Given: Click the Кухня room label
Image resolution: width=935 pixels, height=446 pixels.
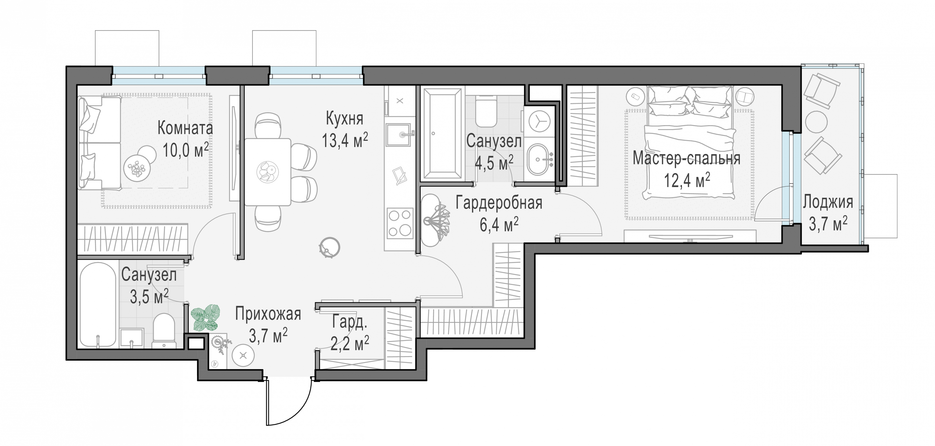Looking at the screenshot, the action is pyautogui.click(x=345, y=119).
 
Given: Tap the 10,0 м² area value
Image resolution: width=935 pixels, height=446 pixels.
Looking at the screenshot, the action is pyautogui.click(x=185, y=150).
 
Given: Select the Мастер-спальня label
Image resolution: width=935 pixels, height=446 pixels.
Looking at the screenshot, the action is pyautogui.click(x=686, y=159).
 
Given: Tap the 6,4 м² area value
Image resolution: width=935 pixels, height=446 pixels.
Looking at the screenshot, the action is pyautogui.click(x=499, y=225).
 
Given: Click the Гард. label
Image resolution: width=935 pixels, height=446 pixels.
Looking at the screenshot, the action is pyautogui.click(x=349, y=322).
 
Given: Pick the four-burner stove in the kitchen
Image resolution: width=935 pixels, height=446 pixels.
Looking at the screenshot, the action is pyautogui.click(x=400, y=223).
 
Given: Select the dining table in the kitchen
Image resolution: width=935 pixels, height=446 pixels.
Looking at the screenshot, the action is pyautogui.click(x=267, y=172).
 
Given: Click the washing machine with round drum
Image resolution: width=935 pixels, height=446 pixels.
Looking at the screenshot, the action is pyautogui.click(x=539, y=122).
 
